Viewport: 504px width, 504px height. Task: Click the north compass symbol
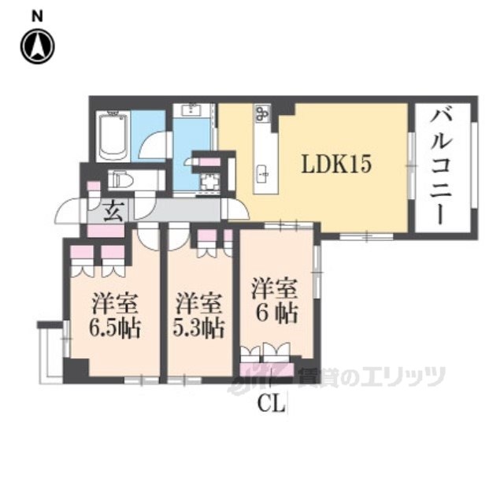tap(37, 46)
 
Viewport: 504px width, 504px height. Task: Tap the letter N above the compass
tap(37, 17)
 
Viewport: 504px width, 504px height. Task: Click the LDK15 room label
tap(336, 164)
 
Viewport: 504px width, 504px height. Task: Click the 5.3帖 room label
tap(198, 328)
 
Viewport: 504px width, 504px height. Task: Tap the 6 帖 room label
tap(276, 313)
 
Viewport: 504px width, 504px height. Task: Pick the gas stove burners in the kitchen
tap(262, 113)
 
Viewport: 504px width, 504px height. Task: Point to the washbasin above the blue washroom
tap(192, 110)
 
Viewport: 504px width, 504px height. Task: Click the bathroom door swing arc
tap(154, 143)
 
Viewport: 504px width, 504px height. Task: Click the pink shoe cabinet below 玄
tap(106, 231)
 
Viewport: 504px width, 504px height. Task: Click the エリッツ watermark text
tap(402, 377)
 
